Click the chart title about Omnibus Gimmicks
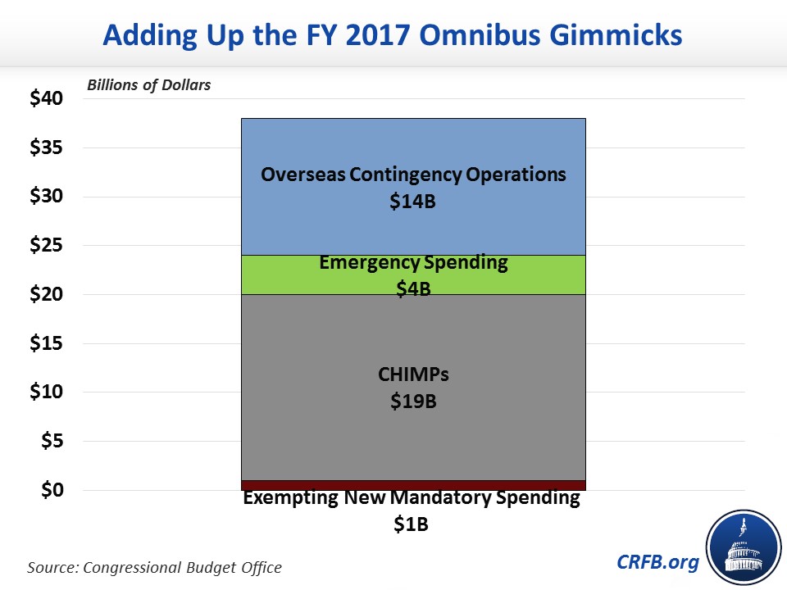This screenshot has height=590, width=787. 393,35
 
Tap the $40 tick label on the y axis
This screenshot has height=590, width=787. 46,99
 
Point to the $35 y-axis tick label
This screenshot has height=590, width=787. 46,148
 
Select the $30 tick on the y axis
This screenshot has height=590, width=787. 46,197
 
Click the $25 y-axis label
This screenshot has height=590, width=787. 46,246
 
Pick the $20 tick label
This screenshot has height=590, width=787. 46,294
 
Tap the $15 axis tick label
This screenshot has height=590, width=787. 46,343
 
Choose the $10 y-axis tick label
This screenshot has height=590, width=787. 46,392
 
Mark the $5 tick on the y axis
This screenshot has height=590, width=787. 51,441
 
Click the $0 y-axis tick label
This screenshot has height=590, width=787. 51,490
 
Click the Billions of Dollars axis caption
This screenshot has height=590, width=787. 148,85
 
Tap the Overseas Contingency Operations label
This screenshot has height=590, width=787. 413,175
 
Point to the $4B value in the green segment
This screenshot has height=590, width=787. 412,288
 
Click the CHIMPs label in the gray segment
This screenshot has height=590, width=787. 412,375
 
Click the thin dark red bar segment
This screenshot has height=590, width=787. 413,485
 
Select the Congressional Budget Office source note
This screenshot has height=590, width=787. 155,566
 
